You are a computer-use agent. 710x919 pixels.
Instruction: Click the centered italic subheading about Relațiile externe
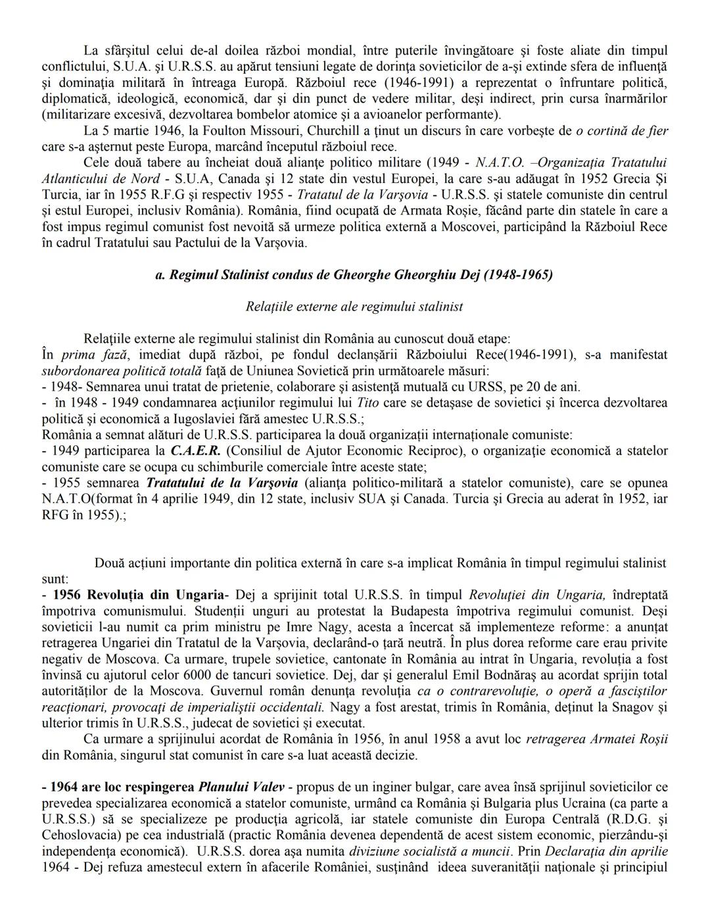(354, 307)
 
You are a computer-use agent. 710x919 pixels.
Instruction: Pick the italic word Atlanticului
(76, 179)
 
